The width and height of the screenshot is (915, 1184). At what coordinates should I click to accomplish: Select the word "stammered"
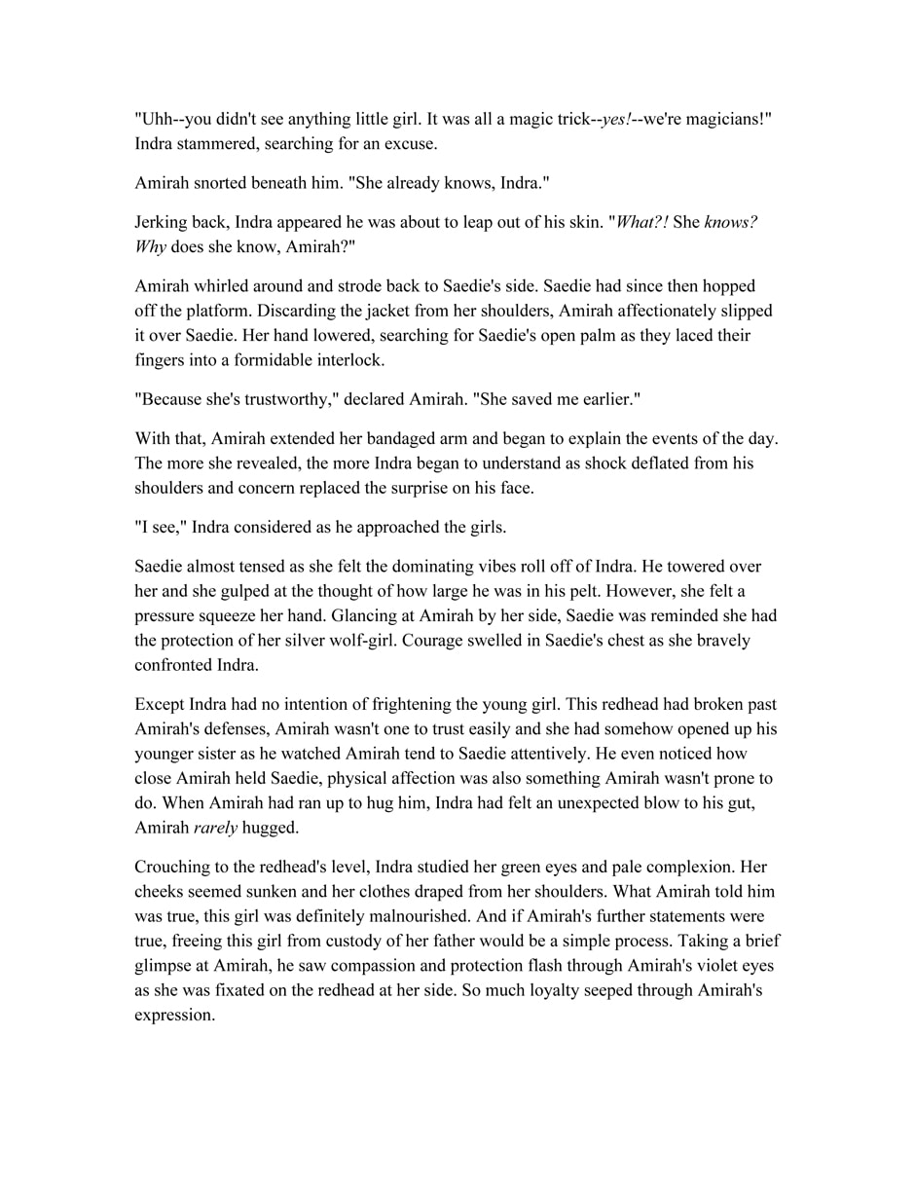click(x=221, y=144)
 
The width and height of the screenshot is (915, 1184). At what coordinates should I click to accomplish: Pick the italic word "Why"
click(x=150, y=246)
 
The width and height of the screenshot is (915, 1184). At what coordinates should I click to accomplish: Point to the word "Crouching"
click(x=172, y=867)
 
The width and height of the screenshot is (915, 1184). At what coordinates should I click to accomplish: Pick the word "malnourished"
click(x=420, y=916)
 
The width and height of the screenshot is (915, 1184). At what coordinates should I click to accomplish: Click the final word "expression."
click(x=174, y=1015)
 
